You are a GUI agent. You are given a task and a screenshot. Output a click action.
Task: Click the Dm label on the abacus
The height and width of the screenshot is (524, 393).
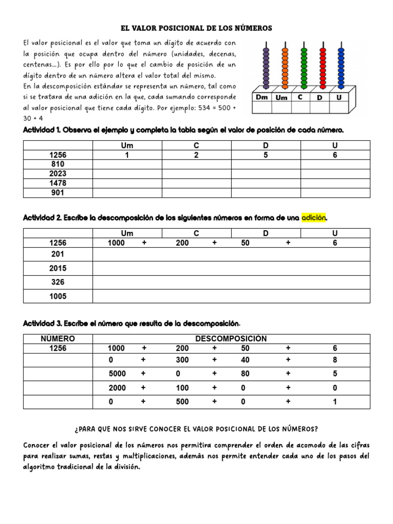(x=261, y=97)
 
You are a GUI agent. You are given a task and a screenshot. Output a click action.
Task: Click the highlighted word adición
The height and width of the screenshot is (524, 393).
(x=313, y=218)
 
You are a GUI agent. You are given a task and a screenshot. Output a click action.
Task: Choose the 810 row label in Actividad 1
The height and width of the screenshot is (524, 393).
(x=58, y=164)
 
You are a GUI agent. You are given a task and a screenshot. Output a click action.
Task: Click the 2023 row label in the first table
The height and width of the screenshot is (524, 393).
(x=58, y=173)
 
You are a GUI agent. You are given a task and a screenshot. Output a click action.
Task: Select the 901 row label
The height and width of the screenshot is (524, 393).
(x=58, y=193)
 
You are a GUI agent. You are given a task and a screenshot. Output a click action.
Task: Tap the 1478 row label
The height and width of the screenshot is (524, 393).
(x=58, y=183)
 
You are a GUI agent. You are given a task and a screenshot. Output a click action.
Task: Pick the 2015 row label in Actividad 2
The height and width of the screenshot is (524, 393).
(x=58, y=268)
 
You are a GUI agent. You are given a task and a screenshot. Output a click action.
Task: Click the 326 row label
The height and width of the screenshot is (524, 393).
(x=58, y=282)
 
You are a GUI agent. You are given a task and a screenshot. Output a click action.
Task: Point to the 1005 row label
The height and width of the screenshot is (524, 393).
(x=58, y=296)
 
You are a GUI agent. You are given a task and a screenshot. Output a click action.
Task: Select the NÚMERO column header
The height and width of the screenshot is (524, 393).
(x=58, y=339)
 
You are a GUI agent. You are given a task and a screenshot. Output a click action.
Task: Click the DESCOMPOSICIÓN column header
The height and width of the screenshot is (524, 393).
(x=231, y=339)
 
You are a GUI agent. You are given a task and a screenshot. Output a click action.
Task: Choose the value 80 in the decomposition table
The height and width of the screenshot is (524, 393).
(x=246, y=374)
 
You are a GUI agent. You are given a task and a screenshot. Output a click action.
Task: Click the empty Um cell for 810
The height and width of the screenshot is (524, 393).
(x=127, y=164)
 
